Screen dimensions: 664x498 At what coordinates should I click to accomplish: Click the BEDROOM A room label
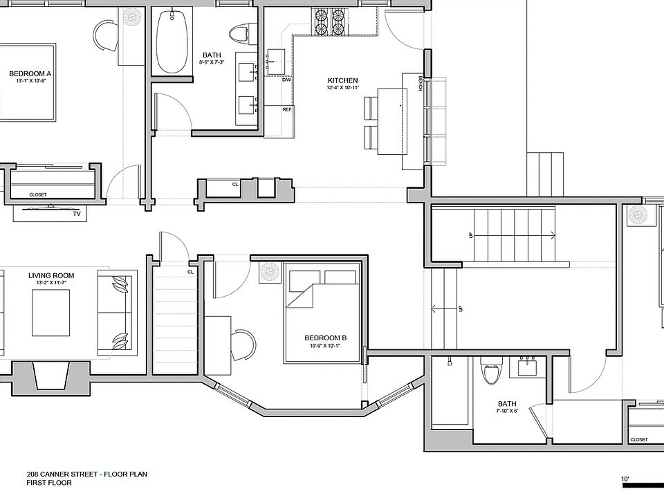click(30, 74)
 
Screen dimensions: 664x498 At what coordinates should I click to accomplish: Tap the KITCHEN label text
click(342, 80)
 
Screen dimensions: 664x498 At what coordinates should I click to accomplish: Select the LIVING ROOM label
click(51, 276)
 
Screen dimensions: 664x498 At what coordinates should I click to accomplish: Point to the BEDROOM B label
click(325, 338)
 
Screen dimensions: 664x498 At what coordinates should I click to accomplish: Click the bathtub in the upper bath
click(172, 41)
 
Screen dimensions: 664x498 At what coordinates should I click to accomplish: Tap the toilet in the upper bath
click(239, 33)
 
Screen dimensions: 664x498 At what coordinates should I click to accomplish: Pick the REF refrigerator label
click(287, 109)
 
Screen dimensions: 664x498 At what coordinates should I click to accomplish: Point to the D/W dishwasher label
click(286, 80)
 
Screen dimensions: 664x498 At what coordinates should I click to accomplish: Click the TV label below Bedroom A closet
click(77, 214)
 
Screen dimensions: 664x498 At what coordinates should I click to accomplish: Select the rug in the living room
click(51, 314)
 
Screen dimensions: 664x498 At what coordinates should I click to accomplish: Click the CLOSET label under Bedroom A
click(38, 195)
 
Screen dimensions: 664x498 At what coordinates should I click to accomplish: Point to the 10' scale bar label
click(625, 479)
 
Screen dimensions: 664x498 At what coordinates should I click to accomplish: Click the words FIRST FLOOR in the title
click(49, 482)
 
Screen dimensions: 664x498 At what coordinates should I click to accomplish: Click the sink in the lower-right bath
click(527, 367)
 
